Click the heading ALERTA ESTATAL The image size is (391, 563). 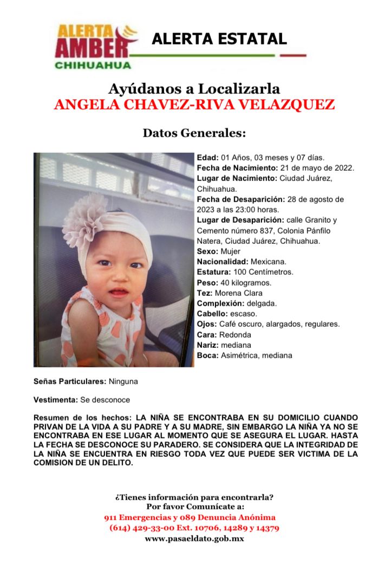[x=219, y=38]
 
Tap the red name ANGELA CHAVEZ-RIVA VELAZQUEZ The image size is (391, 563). [x=194, y=104]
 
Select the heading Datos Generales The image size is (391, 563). [x=194, y=133]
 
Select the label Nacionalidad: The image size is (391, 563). [x=219, y=261]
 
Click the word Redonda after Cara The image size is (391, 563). [x=234, y=334]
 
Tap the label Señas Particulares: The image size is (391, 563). [x=70, y=381]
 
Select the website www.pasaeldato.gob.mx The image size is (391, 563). [x=194, y=539]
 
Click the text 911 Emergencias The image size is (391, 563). [x=135, y=517]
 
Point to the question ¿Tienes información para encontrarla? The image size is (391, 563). [x=194, y=497]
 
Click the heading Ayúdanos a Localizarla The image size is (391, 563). [x=194, y=88]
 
